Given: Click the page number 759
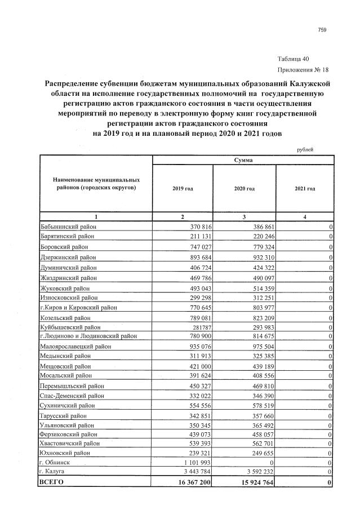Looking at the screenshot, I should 322,30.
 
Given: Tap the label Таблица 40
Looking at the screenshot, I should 294,59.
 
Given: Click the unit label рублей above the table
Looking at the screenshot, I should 305,149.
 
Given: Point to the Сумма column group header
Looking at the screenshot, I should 243,161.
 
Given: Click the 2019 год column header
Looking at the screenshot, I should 183,188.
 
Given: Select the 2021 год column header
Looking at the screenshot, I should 305,188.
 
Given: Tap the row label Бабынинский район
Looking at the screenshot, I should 69,226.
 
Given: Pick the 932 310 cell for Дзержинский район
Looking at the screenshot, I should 257,257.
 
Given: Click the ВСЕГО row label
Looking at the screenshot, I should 51,482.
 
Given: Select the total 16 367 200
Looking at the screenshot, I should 189,482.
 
